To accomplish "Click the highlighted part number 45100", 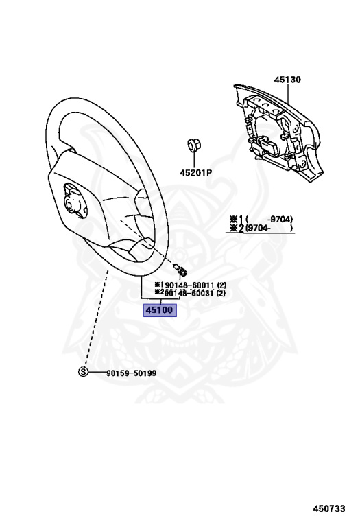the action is pyautogui.click(x=160, y=310).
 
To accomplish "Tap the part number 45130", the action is pyautogui.click(x=287, y=80).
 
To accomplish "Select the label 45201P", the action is pyautogui.click(x=196, y=173).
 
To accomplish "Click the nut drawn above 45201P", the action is pyautogui.click(x=193, y=145).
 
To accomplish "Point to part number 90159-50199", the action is pyautogui.click(x=131, y=373).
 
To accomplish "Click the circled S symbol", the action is pyautogui.click(x=83, y=372).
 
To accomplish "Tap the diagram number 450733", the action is pyautogui.click(x=329, y=509).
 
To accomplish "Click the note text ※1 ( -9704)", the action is pyautogui.click(x=261, y=220).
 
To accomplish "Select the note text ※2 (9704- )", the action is pyautogui.click(x=261, y=229).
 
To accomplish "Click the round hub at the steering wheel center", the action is pyautogui.click(x=71, y=204).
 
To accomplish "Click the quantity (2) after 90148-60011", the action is pyautogui.click(x=221, y=285).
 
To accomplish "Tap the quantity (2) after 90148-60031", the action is pyautogui.click(x=221, y=294).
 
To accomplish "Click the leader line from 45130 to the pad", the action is pyautogui.click(x=288, y=93).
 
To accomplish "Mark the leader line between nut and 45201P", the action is pyautogui.click(x=193, y=161).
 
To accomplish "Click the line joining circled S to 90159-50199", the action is pyautogui.click(x=97, y=373).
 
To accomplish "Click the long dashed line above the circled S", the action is pyautogui.click(x=96, y=318).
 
